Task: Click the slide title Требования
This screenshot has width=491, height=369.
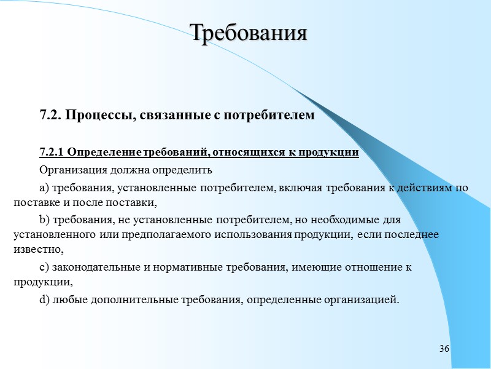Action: (x=248, y=33)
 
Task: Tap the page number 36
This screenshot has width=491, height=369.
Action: (x=444, y=349)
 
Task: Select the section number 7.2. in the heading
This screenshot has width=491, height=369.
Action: (x=50, y=115)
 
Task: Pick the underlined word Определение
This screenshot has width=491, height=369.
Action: (x=102, y=153)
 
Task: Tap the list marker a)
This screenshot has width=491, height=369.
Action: (x=44, y=188)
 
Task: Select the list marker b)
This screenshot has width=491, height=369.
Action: (x=44, y=220)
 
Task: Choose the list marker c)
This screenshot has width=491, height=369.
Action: (x=44, y=268)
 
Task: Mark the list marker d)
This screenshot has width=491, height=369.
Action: (x=44, y=300)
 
